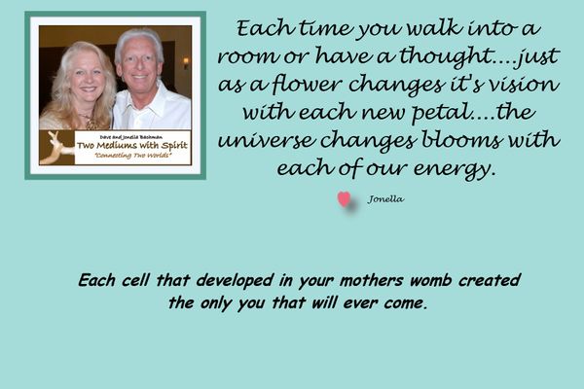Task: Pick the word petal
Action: point(440,113)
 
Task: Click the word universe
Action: point(266,140)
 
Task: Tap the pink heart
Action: point(344,199)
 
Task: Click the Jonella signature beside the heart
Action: point(385,199)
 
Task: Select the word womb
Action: point(431,280)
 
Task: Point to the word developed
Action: point(236,281)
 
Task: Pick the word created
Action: point(490,280)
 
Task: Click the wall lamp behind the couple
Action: point(185,62)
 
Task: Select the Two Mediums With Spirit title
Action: point(132,146)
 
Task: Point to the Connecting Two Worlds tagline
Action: point(132,156)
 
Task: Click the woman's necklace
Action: point(90,122)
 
